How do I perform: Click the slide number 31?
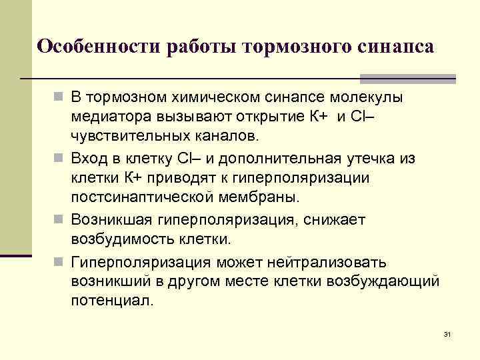[x=447, y=333]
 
